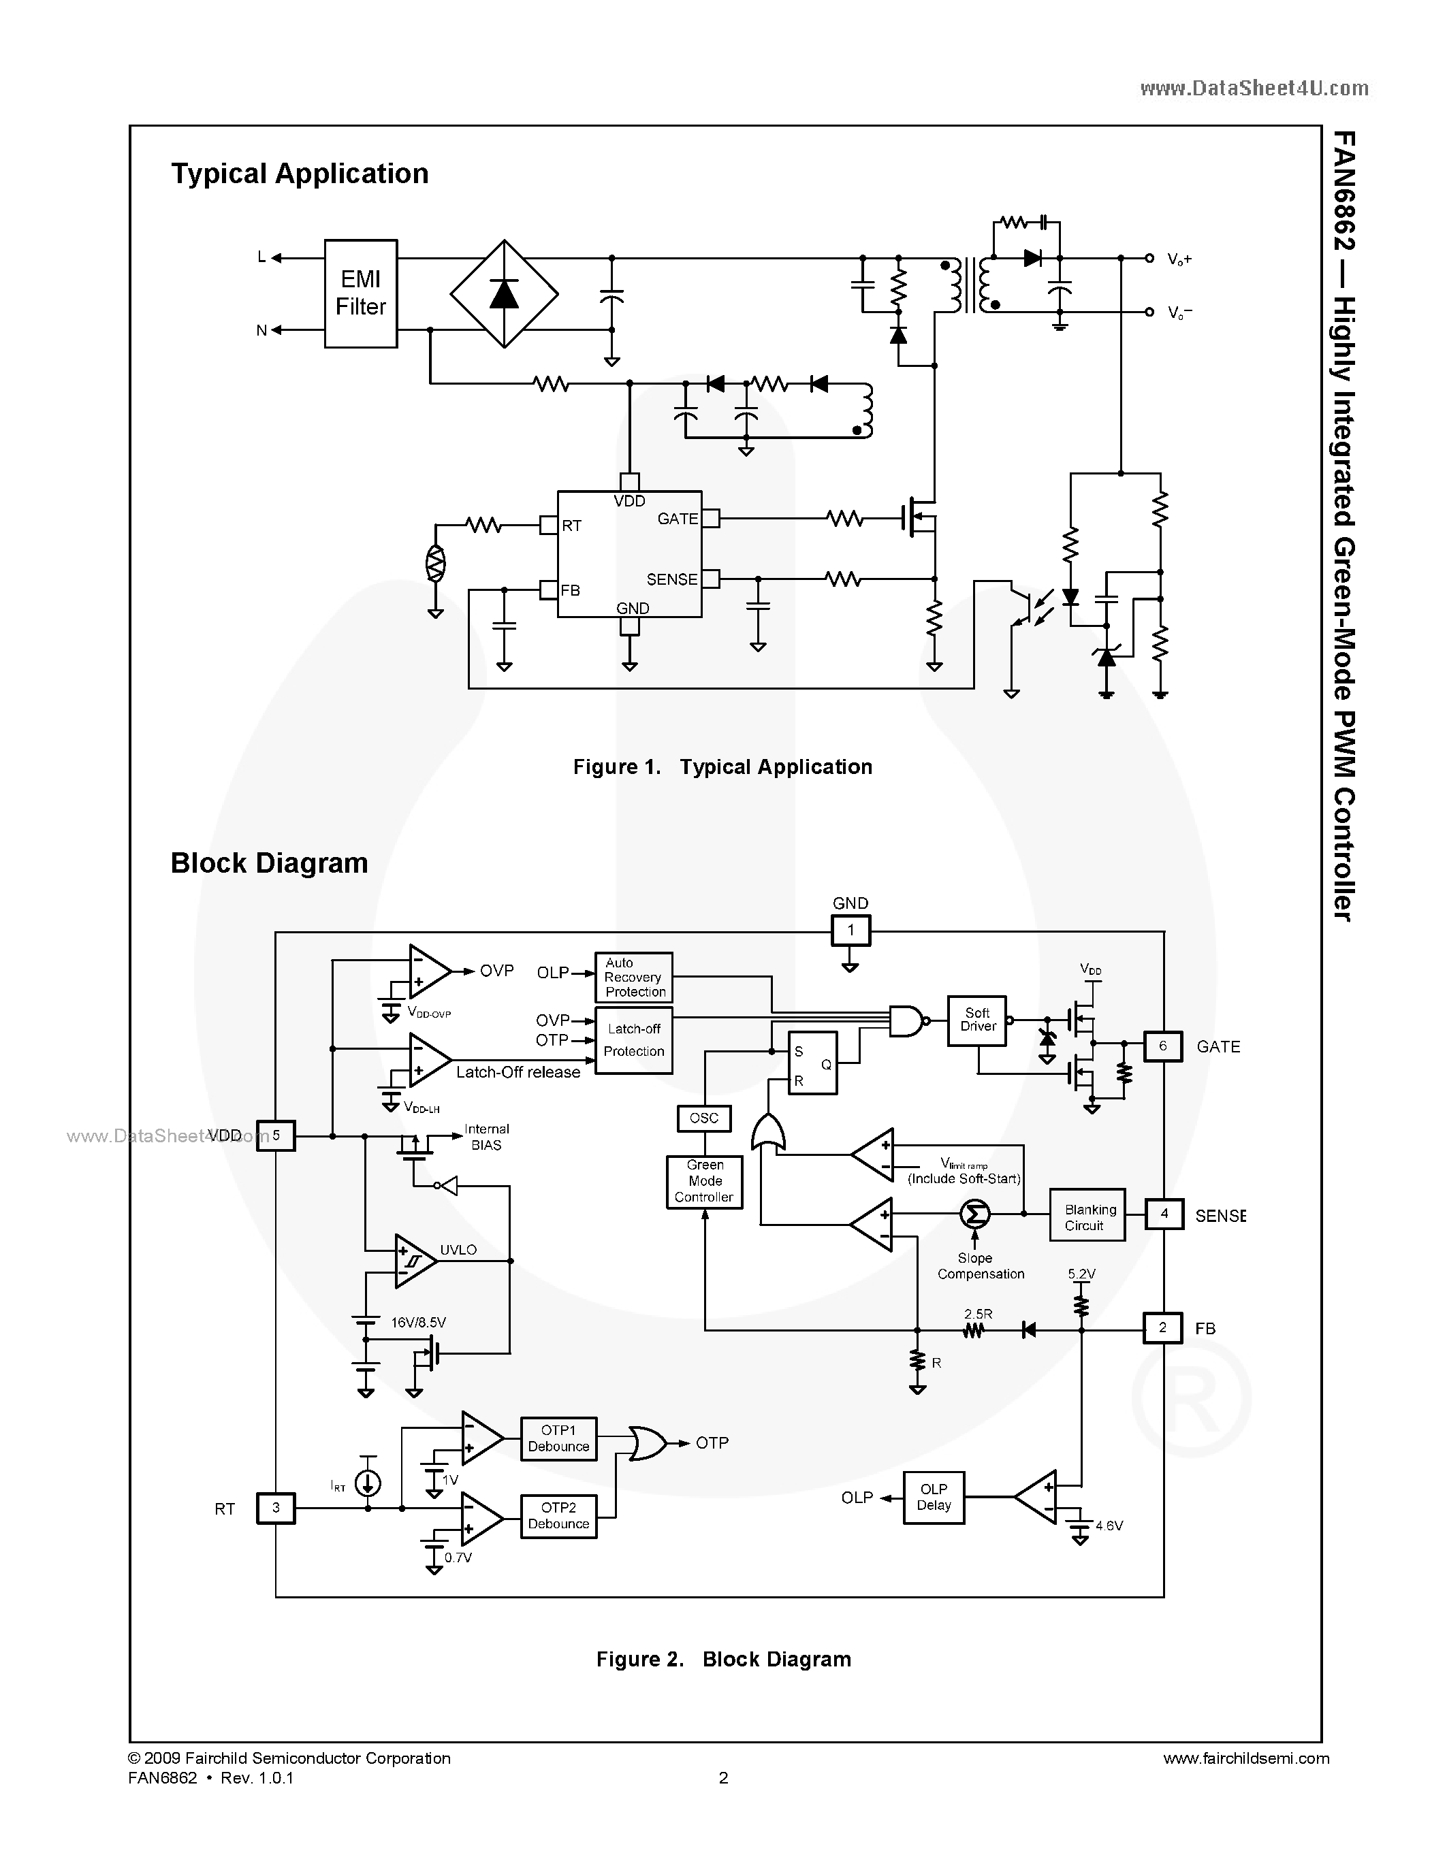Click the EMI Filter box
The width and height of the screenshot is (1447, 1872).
pyautogui.click(x=360, y=293)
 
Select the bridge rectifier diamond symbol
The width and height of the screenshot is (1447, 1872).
pyautogui.click(x=504, y=294)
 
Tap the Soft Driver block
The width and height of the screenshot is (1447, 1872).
pyautogui.click(x=976, y=1020)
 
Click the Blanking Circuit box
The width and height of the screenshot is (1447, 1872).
pyautogui.click(x=1087, y=1214)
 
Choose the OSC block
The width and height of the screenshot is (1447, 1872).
pyautogui.click(x=704, y=1118)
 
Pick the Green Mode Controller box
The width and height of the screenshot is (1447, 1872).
pyautogui.click(x=704, y=1182)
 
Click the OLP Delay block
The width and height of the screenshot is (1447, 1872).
pyautogui.click(x=934, y=1498)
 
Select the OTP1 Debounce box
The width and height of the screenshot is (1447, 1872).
pyautogui.click(x=558, y=1438)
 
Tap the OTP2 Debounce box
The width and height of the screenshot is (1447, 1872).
pyautogui.click(x=558, y=1515)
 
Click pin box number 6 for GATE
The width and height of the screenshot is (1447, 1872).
pyautogui.click(x=1162, y=1046)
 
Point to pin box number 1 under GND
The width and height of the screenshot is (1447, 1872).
pyautogui.click(x=850, y=930)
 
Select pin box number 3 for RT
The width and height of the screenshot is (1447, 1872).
pyautogui.click(x=275, y=1508)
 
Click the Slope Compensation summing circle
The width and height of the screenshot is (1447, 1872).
pyautogui.click(x=974, y=1213)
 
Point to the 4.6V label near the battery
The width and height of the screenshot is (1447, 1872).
pyautogui.click(x=1109, y=1526)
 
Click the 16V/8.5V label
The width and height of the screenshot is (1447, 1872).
pyautogui.click(x=418, y=1323)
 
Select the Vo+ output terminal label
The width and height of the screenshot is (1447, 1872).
pyautogui.click(x=1179, y=259)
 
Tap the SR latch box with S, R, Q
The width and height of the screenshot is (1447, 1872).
pyautogui.click(x=812, y=1063)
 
